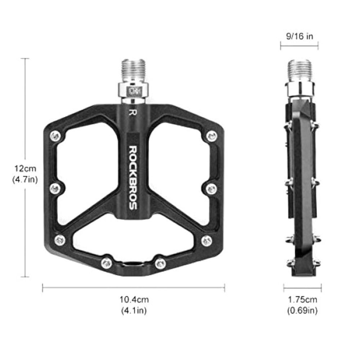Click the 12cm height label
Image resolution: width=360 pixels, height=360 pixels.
pos(25,168)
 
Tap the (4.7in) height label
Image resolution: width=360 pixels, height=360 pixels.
pos(25,179)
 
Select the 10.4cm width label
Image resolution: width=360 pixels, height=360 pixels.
pos(134,300)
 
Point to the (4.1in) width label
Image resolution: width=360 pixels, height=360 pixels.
pos(134,310)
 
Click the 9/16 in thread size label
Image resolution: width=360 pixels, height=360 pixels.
pos(300,36)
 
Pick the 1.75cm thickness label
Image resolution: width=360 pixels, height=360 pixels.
pos(302,300)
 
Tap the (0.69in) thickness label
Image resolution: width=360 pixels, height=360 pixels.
pos(302,310)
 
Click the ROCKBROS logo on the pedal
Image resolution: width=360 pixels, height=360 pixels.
pos(133,177)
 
